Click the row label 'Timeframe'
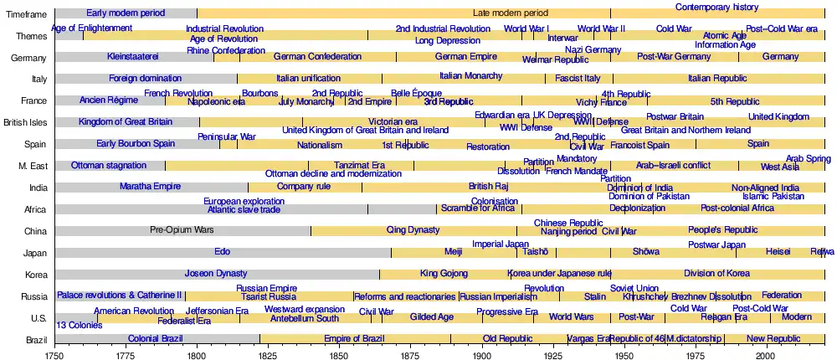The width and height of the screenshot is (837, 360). click(x=27, y=14)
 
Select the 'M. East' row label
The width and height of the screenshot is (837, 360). click(x=32, y=166)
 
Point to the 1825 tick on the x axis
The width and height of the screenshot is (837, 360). click(x=268, y=355)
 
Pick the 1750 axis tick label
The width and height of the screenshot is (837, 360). click(x=55, y=355)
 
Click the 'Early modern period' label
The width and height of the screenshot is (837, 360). click(x=126, y=13)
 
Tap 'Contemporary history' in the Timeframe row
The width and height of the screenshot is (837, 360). click(x=716, y=8)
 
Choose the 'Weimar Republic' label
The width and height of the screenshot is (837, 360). click(x=555, y=60)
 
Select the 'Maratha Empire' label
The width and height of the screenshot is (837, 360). click(x=150, y=187)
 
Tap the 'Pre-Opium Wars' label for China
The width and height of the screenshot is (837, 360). click(x=182, y=230)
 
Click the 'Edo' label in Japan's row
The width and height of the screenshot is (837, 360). click(x=223, y=252)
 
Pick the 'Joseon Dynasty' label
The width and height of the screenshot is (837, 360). click(x=216, y=274)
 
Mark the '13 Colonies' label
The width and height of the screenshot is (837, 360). click(x=79, y=325)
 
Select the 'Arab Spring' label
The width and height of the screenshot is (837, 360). click(x=809, y=159)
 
